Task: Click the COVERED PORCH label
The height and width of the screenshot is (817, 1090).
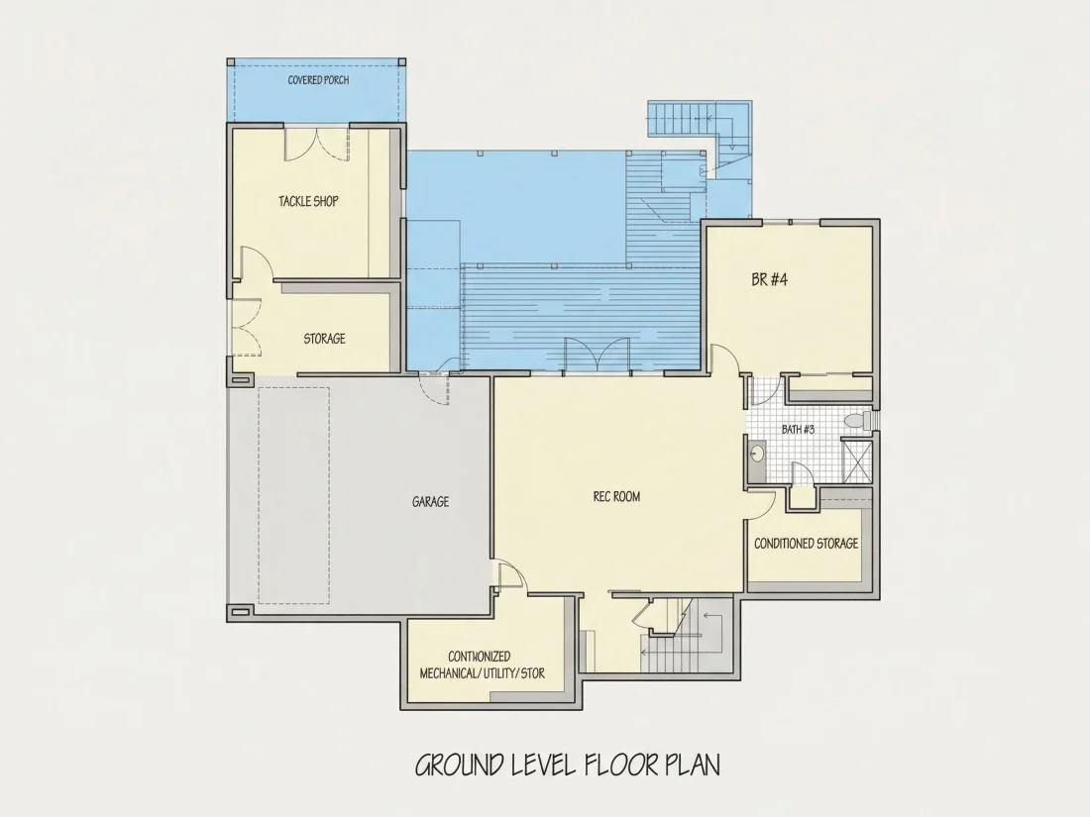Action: coord(318,80)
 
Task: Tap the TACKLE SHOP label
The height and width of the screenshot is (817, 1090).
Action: coord(308,201)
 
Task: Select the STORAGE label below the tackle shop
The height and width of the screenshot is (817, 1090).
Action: coord(325,339)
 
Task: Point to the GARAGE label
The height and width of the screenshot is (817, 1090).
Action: coord(430,502)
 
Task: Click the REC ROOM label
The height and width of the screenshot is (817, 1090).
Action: coord(616,497)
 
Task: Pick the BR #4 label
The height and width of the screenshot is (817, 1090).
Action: coord(770,280)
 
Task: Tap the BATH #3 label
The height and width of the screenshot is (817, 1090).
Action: coord(798,430)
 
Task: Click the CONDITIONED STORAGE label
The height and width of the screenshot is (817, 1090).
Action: coord(807,544)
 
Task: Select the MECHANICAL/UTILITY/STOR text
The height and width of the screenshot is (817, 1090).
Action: coord(483,673)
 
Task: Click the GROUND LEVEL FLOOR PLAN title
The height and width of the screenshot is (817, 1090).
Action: coord(567,765)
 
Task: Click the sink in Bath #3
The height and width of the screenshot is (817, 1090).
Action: coord(757,454)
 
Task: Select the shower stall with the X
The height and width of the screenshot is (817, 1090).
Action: coord(856,461)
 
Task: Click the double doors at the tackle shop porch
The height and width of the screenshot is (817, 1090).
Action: coord(316,144)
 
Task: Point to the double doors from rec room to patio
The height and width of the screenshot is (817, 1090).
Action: coord(598,356)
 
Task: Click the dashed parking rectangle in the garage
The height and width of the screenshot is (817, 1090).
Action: coord(294,495)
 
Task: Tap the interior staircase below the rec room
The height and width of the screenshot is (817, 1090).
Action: coord(685,635)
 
